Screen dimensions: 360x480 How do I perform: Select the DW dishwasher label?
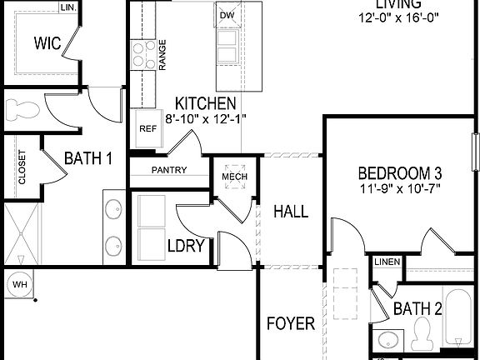point(227,15)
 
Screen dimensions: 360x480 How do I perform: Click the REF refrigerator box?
point(147,128)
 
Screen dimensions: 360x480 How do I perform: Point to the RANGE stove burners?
point(139,55)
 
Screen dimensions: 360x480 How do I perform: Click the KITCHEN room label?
point(204,104)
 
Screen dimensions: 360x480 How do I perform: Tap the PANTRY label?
point(168,170)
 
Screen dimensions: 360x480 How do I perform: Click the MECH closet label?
point(231,177)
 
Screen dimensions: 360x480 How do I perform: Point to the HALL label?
point(291,212)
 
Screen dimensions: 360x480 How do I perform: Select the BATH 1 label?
point(88,157)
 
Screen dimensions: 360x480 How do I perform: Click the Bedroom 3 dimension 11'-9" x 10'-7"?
point(399,188)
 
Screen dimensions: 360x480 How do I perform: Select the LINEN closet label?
point(387,262)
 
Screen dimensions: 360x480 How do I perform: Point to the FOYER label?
point(291,323)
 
